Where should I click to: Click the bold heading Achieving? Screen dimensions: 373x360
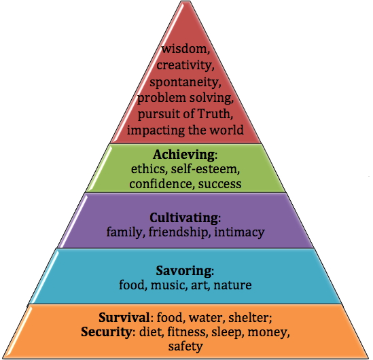coord(183,155)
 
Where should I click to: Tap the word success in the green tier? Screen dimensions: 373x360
coord(220,184)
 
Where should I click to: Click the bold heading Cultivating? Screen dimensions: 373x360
coord(183,217)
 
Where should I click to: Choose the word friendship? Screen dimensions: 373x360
coord(178,232)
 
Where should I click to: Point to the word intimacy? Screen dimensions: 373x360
coord(239,232)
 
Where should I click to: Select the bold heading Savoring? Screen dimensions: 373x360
coord(183,270)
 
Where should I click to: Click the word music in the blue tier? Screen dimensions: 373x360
coord(167,285)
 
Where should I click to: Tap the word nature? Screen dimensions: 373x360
coord(232,285)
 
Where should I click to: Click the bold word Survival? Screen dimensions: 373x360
coord(124,317)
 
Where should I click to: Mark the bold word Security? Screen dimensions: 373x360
coord(106,331)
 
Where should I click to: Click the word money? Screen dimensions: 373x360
coord(267,332)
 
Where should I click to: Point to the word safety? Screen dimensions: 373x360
coord(185,346)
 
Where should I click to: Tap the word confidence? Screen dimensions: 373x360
coord(160,183)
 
